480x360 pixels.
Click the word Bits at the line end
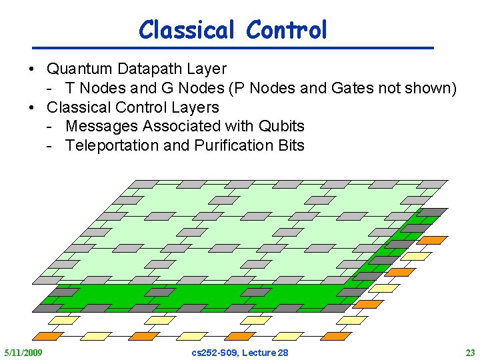[x=291, y=145]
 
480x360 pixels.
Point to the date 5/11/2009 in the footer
[x=23, y=352]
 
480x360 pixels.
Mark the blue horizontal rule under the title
[x=233, y=48]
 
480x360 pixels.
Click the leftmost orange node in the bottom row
[x=48, y=336]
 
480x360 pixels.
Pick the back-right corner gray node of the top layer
[x=431, y=183]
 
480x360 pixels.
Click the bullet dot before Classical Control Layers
[x=32, y=107]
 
